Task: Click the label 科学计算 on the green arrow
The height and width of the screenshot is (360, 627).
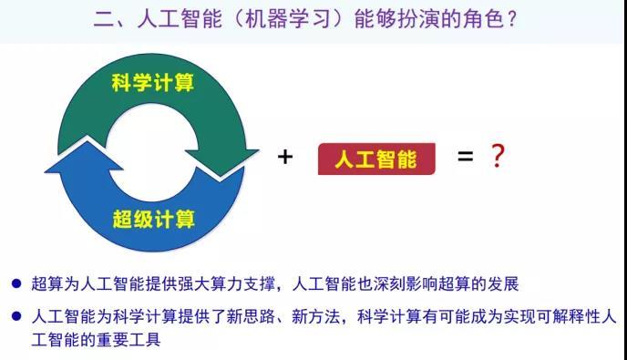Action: [x=153, y=83]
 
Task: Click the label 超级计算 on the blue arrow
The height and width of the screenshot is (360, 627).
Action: [x=153, y=219]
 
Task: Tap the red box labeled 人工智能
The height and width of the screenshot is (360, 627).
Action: [x=376, y=159]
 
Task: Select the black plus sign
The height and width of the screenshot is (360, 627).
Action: [x=285, y=157]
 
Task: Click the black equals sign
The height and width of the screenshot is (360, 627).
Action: [x=465, y=156]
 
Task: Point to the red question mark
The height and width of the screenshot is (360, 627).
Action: [x=497, y=156]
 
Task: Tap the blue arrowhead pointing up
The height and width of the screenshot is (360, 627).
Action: [x=84, y=157]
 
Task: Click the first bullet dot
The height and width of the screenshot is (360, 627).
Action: [x=16, y=283]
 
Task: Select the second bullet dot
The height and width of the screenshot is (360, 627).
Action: [x=16, y=316]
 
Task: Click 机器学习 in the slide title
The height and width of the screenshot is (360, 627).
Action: [x=287, y=19]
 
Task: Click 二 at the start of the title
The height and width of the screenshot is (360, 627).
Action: [x=103, y=19]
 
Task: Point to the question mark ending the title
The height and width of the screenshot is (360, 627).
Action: [x=512, y=19]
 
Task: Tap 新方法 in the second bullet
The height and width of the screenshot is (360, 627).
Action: [x=316, y=317]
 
